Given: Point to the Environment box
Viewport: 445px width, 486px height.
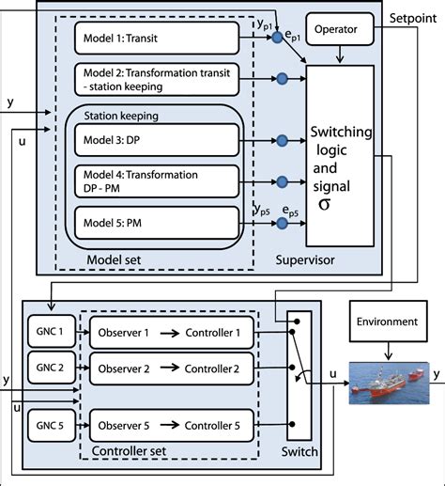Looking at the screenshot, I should [x=393, y=321].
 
